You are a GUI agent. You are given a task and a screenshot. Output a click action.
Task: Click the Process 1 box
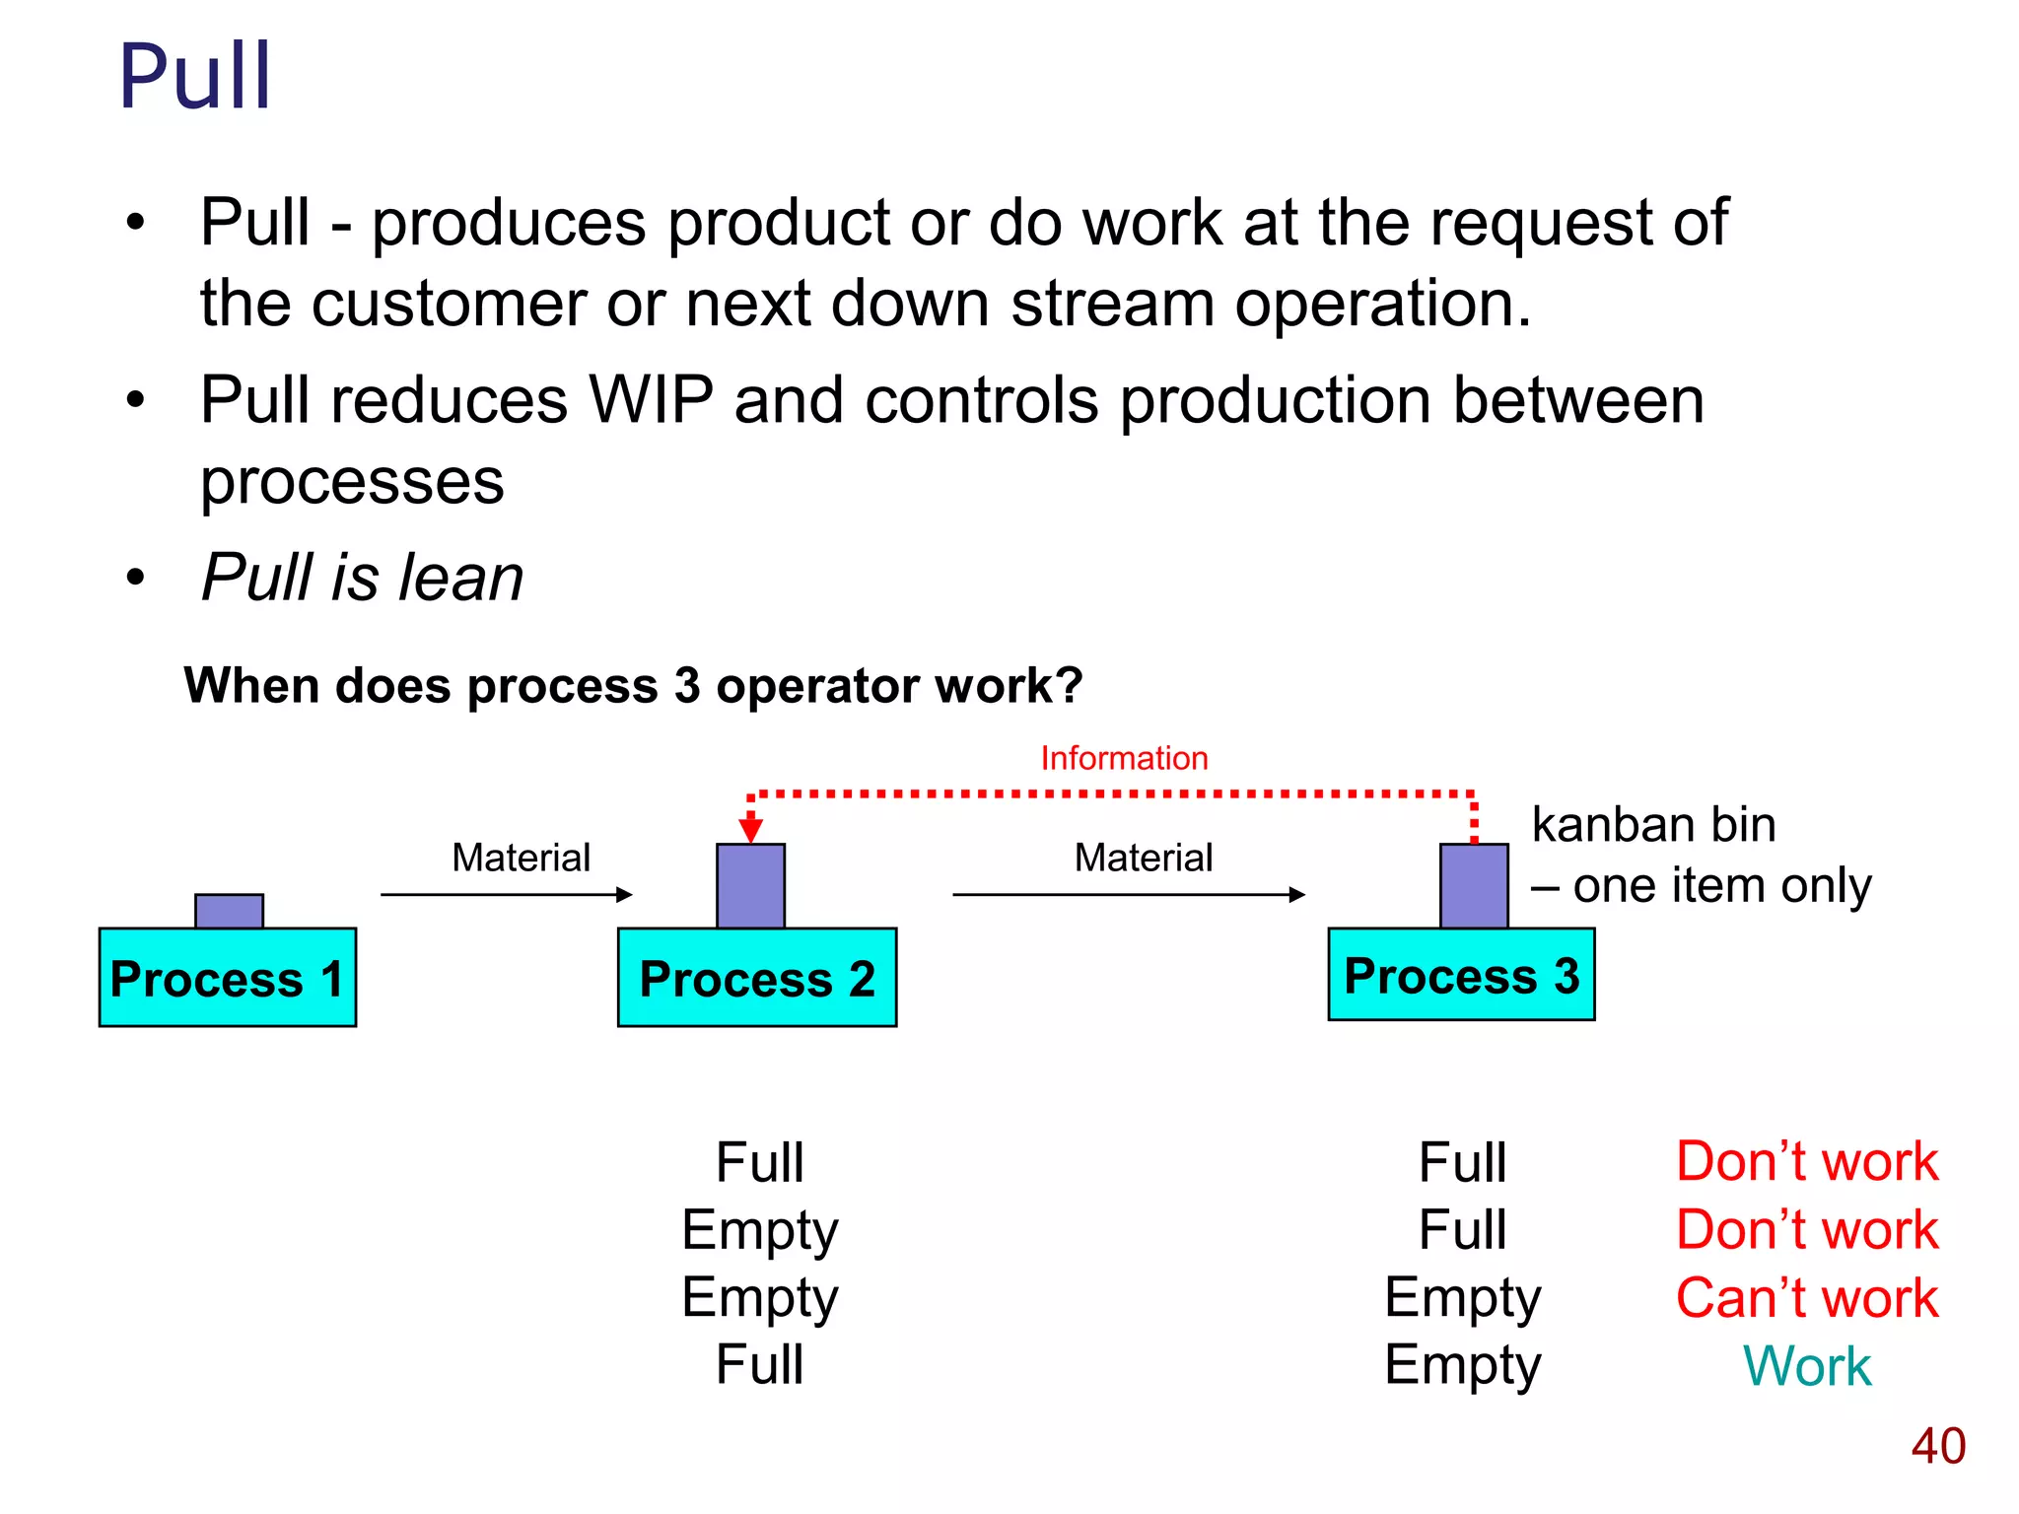(227, 977)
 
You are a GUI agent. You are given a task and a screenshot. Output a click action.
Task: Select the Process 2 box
(756, 977)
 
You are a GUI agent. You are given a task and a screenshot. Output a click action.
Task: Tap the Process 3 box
(1460, 974)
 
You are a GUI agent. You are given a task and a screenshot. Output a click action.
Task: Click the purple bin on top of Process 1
(229, 911)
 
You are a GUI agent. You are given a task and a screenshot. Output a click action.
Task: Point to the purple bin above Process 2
(750, 885)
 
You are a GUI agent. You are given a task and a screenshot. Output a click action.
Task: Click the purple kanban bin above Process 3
(1474, 885)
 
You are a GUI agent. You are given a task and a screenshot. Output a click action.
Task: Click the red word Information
(1124, 758)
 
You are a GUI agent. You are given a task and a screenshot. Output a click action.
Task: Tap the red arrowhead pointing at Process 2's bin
(750, 829)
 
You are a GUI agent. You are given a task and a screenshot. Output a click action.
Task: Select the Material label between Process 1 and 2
(521, 858)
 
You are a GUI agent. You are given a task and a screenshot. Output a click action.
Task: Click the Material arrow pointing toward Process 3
(1128, 894)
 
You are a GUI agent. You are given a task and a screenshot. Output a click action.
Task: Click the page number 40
(1937, 1446)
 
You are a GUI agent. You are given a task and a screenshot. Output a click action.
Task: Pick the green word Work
(1806, 1365)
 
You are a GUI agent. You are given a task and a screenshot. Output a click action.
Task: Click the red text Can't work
(1806, 1297)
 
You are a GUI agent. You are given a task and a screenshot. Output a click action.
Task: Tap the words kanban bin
(1653, 824)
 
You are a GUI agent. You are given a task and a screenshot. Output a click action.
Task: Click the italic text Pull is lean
(362, 577)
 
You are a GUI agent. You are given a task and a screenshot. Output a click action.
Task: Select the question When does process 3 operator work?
(633, 685)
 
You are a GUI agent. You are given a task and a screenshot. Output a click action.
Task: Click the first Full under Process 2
(759, 1162)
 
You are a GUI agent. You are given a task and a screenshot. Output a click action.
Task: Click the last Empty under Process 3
(1462, 1365)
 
